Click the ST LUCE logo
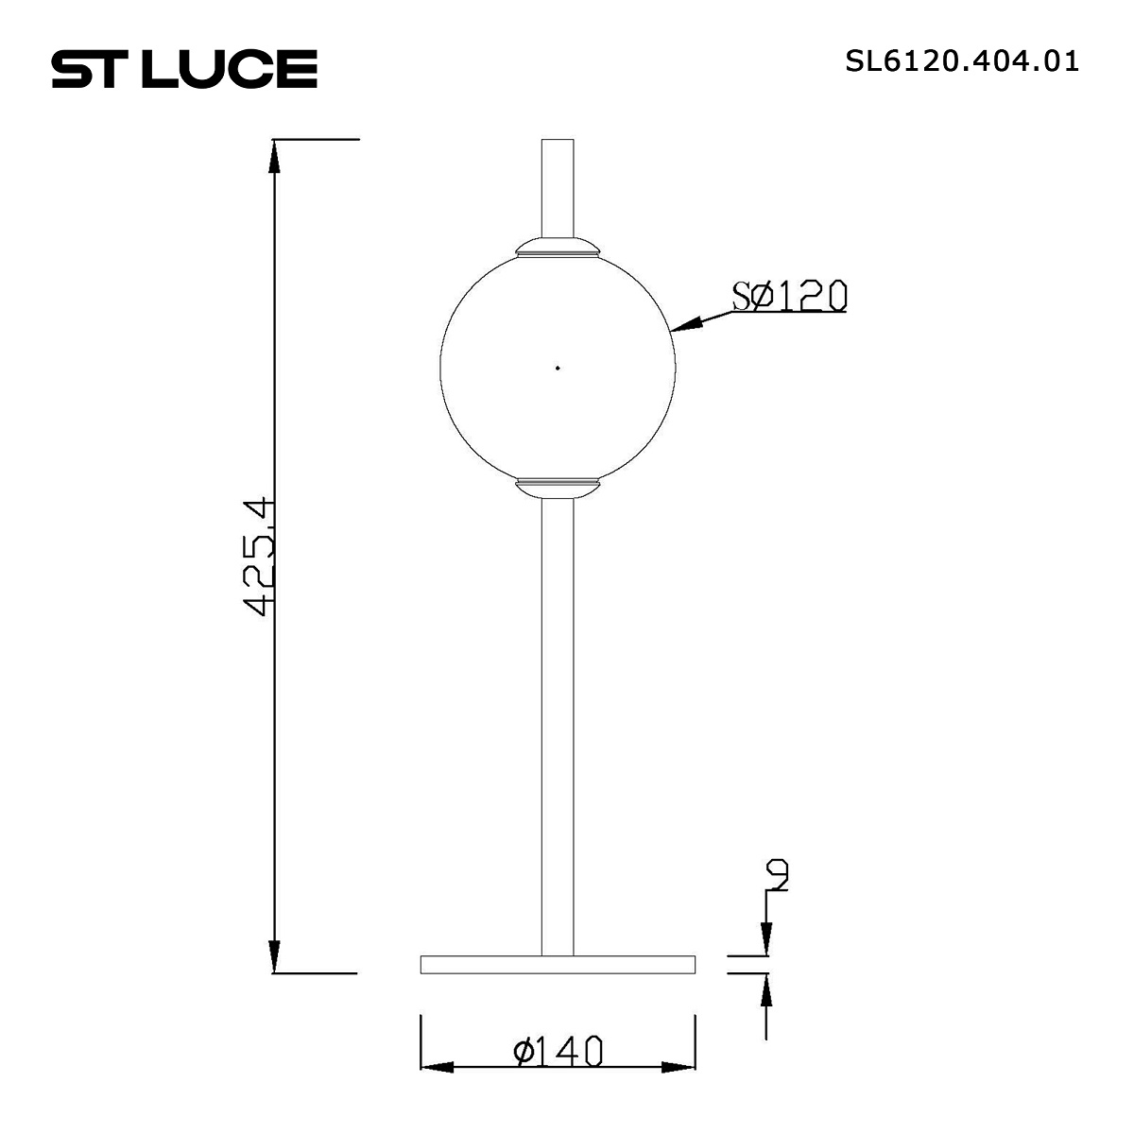pos(183,69)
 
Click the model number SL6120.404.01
pos(962,61)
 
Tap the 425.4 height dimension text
pos(259,557)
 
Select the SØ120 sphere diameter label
pos(790,296)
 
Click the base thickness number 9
pos(778,876)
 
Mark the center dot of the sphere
pos(558,367)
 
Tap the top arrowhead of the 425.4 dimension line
pos(274,157)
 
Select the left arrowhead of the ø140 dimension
pos(437,1068)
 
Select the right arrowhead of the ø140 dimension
pos(679,1068)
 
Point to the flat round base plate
pos(558,964)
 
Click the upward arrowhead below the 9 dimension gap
pos(765,990)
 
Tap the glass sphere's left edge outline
pos(440,367)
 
